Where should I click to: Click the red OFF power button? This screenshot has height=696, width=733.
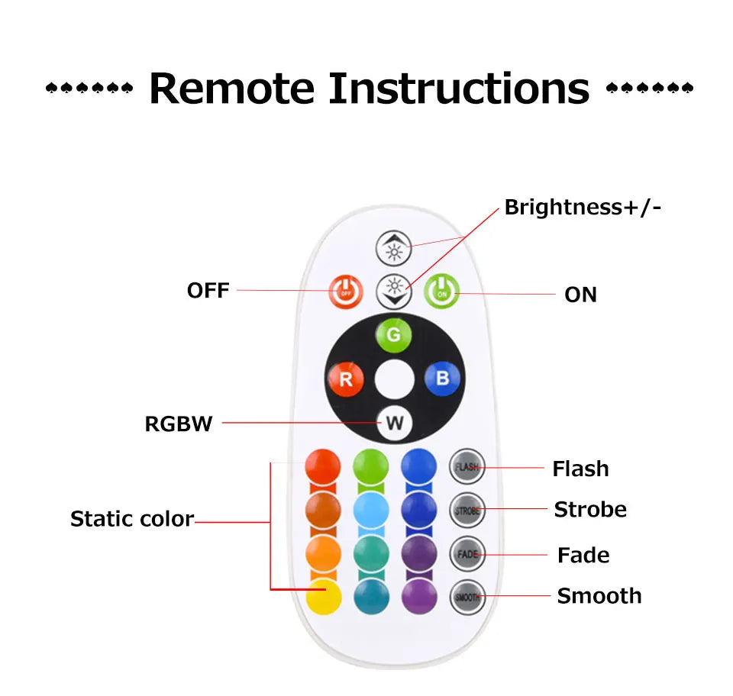[346, 291]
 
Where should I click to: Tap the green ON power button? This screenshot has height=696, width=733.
[441, 291]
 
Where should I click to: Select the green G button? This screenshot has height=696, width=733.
[394, 334]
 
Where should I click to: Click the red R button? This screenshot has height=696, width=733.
[346, 379]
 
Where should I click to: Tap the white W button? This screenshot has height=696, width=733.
[394, 424]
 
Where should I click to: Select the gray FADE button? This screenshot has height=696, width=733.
[467, 554]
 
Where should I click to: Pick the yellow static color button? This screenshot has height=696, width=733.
[322, 597]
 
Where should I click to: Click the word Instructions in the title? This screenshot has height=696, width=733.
[459, 89]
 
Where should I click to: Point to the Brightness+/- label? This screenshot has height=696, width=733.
[583, 208]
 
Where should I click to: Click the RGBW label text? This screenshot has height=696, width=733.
[179, 424]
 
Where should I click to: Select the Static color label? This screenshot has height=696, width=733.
[132, 519]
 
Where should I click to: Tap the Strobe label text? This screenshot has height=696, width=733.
[590, 509]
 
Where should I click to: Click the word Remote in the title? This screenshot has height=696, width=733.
[231, 89]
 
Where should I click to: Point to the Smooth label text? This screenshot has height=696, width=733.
[599, 595]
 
